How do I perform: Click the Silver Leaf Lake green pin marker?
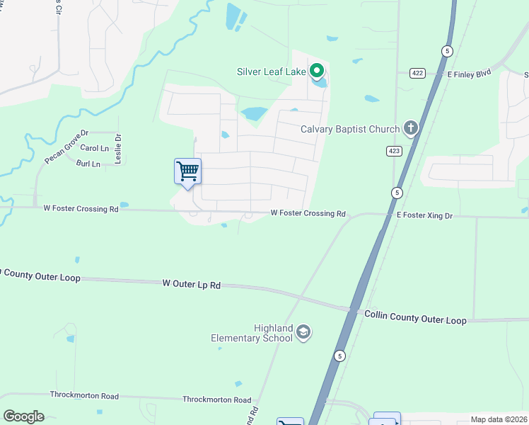[x=318, y=71]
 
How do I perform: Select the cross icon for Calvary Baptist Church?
[x=410, y=128]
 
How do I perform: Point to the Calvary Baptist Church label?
[x=349, y=129]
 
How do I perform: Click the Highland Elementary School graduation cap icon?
[x=303, y=332]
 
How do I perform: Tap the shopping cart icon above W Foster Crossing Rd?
[x=187, y=171]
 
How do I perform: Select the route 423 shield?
[x=394, y=151]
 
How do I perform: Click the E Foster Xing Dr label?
[x=424, y=215]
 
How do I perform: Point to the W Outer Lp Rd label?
[x=192, y=284]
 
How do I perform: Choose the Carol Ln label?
[x=94, y=148]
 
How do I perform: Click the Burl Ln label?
[x=88, y=164]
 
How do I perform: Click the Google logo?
[x=23, y=416]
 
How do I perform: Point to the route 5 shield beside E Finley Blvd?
[x=446, y=51]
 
